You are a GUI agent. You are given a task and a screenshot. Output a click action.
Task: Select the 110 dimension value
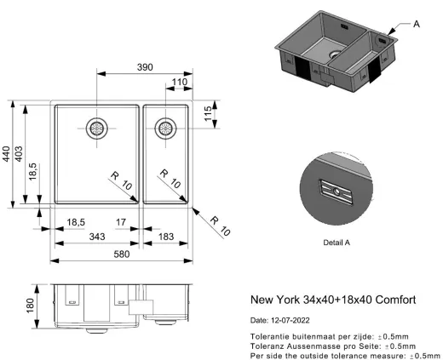click(x=180, y=83)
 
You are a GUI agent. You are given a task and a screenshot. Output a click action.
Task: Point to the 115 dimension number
click(x=207, y=113)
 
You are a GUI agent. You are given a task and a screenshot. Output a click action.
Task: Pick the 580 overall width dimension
click(x=124, y=254)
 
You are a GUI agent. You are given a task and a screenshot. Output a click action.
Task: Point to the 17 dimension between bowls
click(x=122, y=222)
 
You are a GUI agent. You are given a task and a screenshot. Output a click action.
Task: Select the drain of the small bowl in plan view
click(x=165, y=129)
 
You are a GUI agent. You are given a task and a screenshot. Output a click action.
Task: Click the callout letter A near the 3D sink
click(x=417, y=25)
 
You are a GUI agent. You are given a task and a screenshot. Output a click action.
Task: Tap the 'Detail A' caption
click(x=338, y=243)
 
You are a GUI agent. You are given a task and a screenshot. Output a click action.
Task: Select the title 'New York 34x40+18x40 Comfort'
click(x=332, y=300)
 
